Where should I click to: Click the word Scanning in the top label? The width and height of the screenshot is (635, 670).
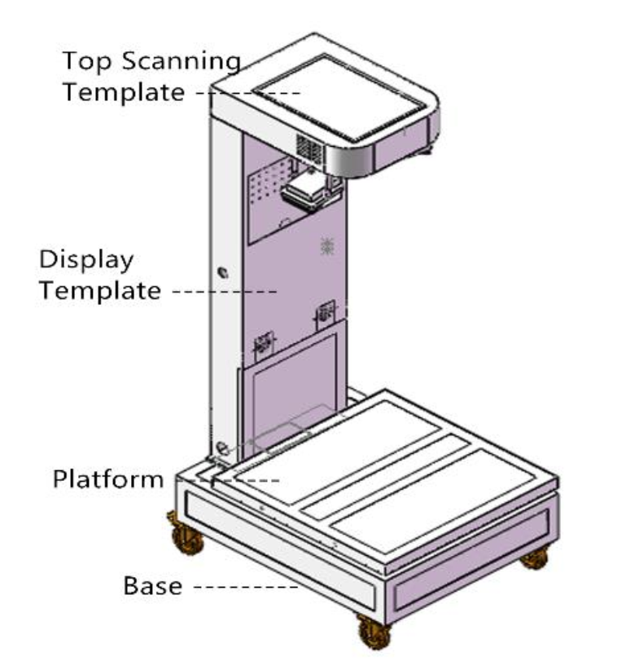(x=182, y=62)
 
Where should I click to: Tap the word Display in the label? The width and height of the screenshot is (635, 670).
(x=86, y=260)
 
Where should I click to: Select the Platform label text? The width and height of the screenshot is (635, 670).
(x=108, y=479)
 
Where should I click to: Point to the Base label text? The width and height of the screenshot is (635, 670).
(x=152, y=586)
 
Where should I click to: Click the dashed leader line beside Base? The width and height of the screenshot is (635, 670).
(x=246, y=587)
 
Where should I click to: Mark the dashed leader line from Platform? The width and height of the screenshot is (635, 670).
(x=228, y=480)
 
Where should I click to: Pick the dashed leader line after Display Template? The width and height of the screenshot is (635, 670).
(x=225, y=292)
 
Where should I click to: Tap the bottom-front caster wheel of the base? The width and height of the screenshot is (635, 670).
(x=374, y=633)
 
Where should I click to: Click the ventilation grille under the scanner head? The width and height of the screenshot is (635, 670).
(x=310, y=149)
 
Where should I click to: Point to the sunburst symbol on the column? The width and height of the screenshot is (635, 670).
(x=327, y=245)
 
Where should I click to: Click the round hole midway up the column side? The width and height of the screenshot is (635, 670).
(x=223, y=272)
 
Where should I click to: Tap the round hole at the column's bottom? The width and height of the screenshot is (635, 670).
(x=222, y=448)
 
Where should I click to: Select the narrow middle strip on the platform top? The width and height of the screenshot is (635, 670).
(x=385, y=477)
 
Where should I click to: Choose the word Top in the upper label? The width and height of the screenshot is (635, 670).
(x=87, y=62)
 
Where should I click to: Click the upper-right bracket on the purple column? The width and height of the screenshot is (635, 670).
(x=325, y=315)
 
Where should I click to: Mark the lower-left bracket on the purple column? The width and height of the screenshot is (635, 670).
(x=264, y=346)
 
